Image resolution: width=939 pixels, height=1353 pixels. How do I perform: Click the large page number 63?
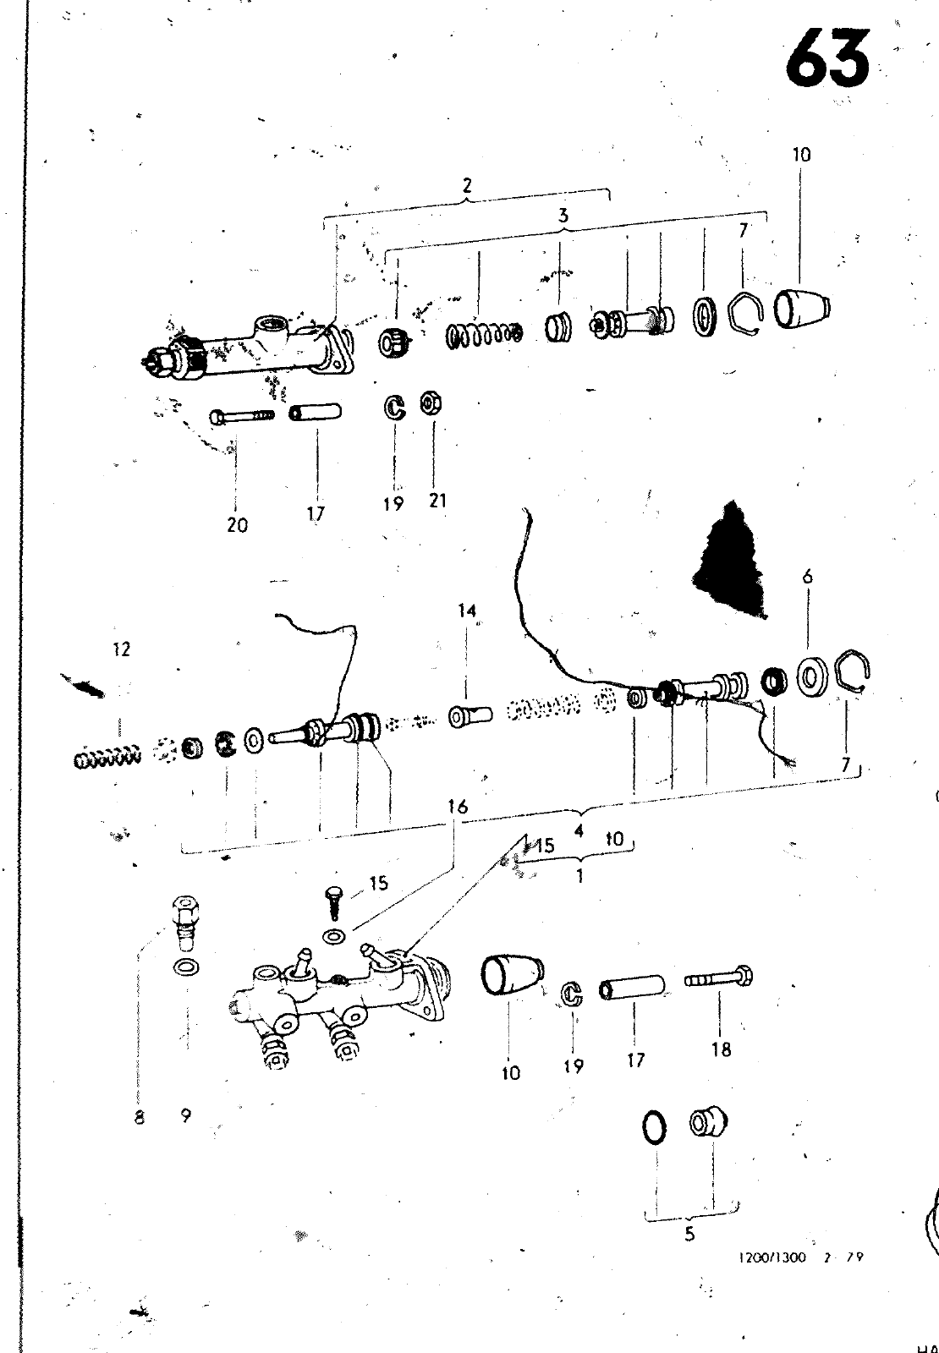pos(826,60)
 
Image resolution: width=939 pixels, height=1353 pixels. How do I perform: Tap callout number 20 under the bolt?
pos(238,525)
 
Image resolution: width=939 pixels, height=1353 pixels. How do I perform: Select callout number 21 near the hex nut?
pos(437,501)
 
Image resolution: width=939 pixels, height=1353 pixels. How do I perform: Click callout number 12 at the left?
pos(121,649)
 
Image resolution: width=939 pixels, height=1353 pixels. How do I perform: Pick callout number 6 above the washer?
pos(808,577)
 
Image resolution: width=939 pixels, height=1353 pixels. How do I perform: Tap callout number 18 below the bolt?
pos(721,1050)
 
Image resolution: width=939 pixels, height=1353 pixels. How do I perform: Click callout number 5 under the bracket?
pos(689,1234)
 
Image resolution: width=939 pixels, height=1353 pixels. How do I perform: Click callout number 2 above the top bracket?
pos(467,185)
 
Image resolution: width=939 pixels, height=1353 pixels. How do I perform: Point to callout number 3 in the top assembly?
pos(563,216)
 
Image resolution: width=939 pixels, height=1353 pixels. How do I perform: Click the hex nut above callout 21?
pos(429,404)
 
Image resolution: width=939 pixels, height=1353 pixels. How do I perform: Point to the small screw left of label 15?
pos(334,899)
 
